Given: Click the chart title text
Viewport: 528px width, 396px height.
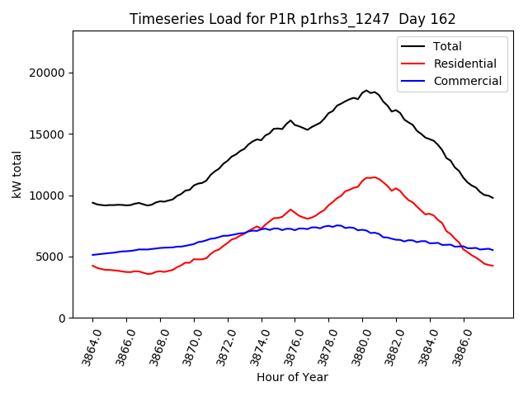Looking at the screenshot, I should point(293,18).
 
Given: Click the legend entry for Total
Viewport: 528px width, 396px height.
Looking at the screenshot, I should point(447,46).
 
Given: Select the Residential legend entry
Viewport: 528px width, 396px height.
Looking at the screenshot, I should point(464,64).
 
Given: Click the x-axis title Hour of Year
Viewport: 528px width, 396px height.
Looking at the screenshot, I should point(292,377).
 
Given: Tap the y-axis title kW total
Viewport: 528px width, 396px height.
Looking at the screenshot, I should point(16,174).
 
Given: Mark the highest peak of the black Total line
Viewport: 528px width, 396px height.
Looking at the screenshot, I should point(366,90).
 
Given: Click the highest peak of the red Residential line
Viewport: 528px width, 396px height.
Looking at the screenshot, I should point(375,177).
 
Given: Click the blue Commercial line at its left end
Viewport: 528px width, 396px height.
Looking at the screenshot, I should point(92,255).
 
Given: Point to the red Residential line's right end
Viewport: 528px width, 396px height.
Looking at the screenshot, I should point(493,266).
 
